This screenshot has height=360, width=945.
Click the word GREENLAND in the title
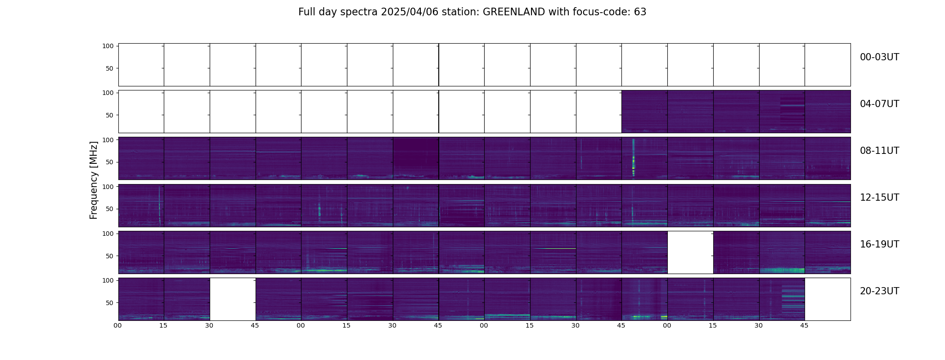click(x=513, y=12)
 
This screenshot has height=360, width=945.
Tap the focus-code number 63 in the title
click(x=640, y=12)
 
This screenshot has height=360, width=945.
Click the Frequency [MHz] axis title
click(x=94, y=180)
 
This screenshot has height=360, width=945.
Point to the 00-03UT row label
click(x=879, y=57)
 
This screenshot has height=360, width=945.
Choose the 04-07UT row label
click(x=879, y=104)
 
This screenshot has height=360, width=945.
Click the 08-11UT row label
click(x=879, y=151)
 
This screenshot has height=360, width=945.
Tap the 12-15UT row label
click(x=879, y=198)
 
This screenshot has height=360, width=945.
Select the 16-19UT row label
click(x=879, y=244)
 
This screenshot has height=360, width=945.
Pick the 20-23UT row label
click(x=879, y=291)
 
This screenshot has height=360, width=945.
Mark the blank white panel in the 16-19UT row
click(x=690, y=252)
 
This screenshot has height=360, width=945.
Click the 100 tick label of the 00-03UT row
click(x=108, y=46)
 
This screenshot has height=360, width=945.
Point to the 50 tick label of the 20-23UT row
click(x=109, y=303)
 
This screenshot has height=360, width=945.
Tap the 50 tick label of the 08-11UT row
click(x=109, y=162)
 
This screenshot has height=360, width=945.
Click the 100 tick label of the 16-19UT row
click(x=108, y=234)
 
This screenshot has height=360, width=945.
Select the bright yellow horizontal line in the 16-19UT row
click(x=553, y=248)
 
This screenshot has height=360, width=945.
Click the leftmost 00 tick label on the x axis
click(x=118, y=326)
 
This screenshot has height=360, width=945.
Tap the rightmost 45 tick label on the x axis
click(x=804, y=326)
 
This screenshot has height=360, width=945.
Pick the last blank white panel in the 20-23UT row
click(x=828, y=299)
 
